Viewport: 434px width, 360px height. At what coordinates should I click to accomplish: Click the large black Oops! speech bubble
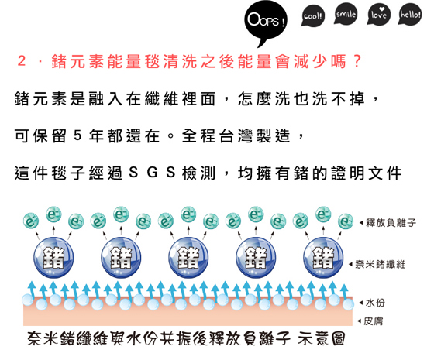click(266, 21)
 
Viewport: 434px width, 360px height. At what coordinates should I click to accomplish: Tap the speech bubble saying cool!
click(313, 15)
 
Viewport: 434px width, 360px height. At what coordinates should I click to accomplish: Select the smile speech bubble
click(346, 14)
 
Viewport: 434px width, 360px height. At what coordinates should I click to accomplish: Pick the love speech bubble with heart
click(378, 15)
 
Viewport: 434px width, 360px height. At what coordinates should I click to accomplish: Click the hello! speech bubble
click(410, 15)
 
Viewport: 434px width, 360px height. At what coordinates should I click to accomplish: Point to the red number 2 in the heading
click(22, 60)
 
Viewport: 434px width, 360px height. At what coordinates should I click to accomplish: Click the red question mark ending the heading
click(357, 61)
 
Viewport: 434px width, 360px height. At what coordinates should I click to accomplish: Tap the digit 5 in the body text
click(77, 135)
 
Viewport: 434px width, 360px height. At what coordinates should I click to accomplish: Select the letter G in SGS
click(152, 172)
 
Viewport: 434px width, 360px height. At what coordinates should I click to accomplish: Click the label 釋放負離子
click(391, 223)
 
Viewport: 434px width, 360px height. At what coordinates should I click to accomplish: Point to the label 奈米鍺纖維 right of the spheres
click(381, 265)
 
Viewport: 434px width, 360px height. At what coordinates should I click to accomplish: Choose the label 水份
click(375, 303)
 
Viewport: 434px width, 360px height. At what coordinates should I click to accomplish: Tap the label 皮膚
click(373, 321)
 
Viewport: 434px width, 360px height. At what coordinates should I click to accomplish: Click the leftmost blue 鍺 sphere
click(53, 257)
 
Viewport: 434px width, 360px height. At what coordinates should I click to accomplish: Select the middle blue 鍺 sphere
click(188, 257)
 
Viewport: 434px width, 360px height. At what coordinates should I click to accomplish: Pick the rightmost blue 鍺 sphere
click(323, 257)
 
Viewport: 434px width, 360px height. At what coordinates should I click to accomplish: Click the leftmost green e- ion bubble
click(31, 221)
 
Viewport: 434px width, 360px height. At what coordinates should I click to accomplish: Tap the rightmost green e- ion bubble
click(346, 221)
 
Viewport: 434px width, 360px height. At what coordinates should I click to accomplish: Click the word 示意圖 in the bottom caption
click(322, 338)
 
